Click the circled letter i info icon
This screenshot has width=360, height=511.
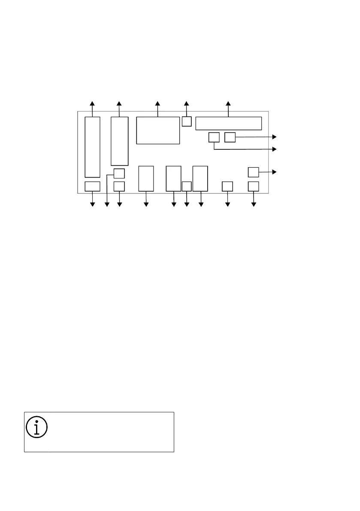37,426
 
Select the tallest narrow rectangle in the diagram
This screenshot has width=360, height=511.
92,147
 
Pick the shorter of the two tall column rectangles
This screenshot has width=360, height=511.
119,141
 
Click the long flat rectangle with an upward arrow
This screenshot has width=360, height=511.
228,123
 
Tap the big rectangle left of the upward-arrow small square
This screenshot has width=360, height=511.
158,130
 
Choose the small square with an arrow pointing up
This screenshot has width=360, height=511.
187,121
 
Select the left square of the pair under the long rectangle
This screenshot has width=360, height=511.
214,137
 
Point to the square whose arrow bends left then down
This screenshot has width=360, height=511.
119,173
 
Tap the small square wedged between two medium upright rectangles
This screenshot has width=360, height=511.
187,186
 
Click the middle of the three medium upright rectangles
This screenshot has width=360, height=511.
173,178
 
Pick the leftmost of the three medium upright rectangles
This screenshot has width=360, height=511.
146,178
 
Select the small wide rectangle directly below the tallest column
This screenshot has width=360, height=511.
92,186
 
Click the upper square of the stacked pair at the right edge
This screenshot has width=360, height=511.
254,172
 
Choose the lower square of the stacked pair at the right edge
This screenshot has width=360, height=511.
254,186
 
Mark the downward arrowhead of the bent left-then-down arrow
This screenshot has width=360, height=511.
106,205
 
